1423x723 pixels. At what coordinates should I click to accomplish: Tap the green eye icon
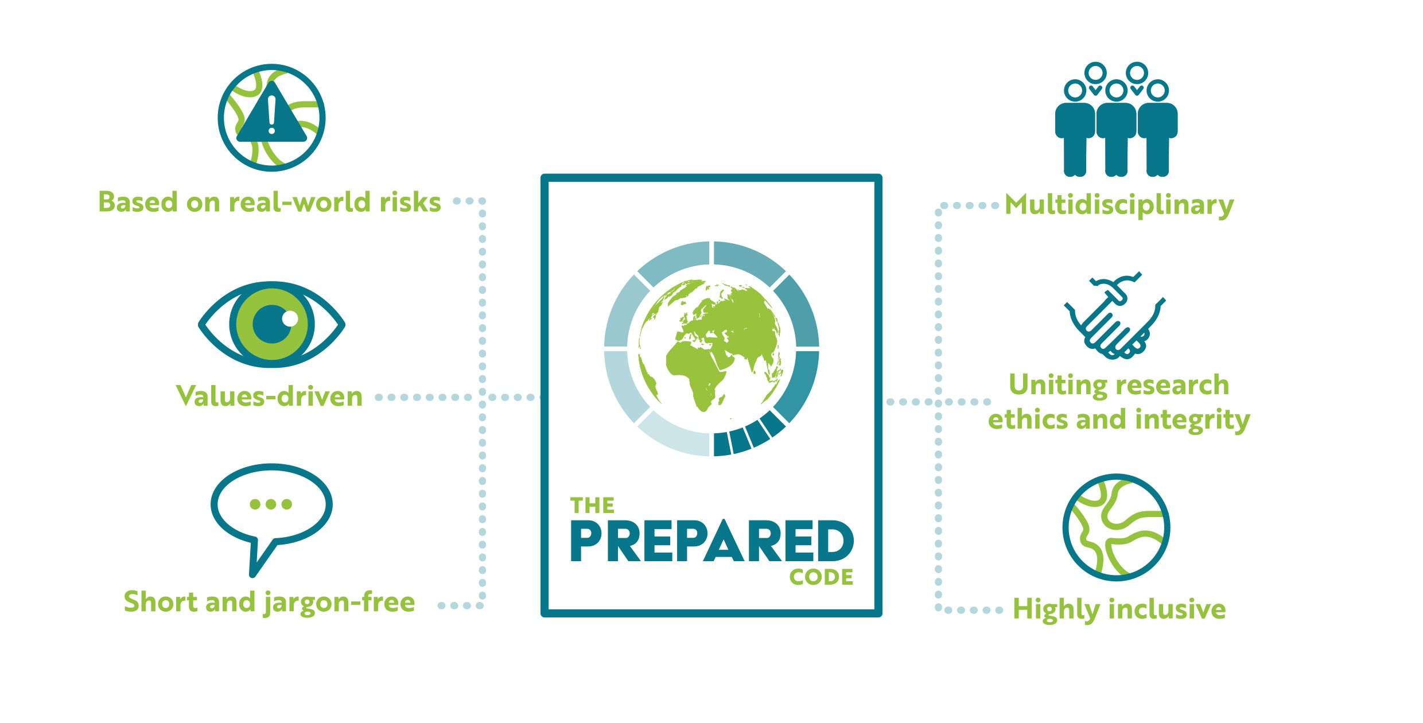pyautogui.click(x=271, y=324)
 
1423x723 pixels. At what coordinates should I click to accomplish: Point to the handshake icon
pyautogui.click(x=1115, y=316)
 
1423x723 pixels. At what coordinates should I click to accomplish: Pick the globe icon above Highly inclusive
pyautogui.click(x=1116, y=527)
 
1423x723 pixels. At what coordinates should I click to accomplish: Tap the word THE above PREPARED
pyautogui.click(x=592, y=506)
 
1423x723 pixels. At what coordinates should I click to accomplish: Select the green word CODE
pyautogui.click(x=821, y=577)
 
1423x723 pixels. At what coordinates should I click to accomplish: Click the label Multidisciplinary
pyautogui.click(x=1119, y=205)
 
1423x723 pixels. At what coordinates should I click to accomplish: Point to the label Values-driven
pyautogui.click(x=270, y=397)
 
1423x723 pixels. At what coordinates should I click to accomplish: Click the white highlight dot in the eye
pyautogui.click(x=290, y=318)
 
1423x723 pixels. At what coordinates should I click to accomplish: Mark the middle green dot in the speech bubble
pyautogui.click(x=271, y=504)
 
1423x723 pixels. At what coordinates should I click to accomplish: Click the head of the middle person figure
pyautogui.click(x=1116, y=90)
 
